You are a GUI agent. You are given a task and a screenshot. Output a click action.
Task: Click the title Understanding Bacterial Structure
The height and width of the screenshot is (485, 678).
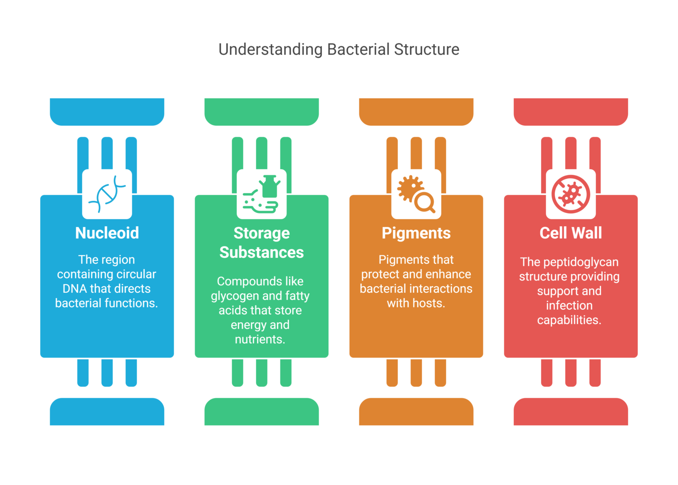coord(339,49)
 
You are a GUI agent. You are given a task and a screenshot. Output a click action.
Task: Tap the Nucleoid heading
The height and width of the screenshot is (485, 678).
coord(107,233)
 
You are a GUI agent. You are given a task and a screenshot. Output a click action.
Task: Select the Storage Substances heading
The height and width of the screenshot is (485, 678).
coord(261,242)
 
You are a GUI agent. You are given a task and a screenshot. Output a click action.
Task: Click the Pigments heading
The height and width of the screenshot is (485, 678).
coord(416,233)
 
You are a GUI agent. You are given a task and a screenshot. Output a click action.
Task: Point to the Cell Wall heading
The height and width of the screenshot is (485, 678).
coord(570,233)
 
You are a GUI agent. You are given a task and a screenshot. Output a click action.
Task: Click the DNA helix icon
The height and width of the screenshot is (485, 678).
coord(107,194)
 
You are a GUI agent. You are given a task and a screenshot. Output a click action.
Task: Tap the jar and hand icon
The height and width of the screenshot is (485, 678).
coord(261,194)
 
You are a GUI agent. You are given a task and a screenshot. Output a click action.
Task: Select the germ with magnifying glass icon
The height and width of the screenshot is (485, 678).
coord(416,194)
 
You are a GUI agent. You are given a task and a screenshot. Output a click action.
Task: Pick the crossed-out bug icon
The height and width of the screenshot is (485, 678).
coord(570,194)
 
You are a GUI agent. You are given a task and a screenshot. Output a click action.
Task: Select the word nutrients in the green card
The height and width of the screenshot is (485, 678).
coord(260,340)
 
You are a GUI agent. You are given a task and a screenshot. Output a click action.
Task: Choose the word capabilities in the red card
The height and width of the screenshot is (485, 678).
coord(569,320)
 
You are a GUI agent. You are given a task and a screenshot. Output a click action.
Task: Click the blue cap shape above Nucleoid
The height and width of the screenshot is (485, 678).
coord(107,111)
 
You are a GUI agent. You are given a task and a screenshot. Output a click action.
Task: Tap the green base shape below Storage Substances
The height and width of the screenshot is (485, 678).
coord(261,412)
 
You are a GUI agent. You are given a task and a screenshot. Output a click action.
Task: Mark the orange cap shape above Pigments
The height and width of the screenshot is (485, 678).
coord(416,111)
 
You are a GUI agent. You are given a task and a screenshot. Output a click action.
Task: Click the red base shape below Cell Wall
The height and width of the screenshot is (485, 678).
coord(570,412)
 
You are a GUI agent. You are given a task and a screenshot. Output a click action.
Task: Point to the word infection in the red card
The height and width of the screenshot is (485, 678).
coord(569,306)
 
